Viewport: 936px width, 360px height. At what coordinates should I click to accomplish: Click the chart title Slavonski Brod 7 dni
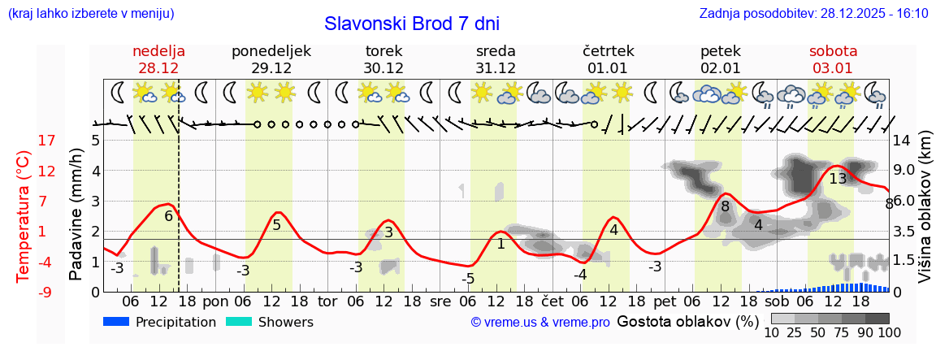[x=411, y=24]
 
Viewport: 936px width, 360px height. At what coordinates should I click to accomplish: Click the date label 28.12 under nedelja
[x=158, y=67]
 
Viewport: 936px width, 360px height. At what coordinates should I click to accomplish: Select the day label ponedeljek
[x=271, y=51]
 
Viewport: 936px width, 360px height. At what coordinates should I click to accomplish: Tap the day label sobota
[x=833, y=51]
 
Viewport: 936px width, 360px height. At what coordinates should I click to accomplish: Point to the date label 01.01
[x=608, y=67]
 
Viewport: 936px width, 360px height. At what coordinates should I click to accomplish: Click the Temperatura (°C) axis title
[x=24, y=215]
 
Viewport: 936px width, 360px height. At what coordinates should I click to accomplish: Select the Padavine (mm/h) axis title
[x=76, y=214]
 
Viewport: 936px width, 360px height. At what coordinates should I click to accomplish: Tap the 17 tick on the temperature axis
[x=24, y=141]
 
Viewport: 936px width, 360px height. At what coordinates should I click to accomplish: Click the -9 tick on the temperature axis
[x=24, y=292]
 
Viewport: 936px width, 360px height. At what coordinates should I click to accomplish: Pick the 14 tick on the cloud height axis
[x=902, y=141]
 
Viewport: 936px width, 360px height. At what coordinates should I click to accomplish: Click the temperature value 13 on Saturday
[x=838, y=178]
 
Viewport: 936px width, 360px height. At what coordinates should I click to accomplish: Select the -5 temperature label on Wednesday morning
[x=468, y=279]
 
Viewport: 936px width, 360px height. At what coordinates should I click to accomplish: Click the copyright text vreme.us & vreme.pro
[x=540, y=322]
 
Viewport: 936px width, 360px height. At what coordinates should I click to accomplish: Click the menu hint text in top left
[x=90, y=13]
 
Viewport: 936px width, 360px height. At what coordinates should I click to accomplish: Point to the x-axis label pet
[x=665, y=301]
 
